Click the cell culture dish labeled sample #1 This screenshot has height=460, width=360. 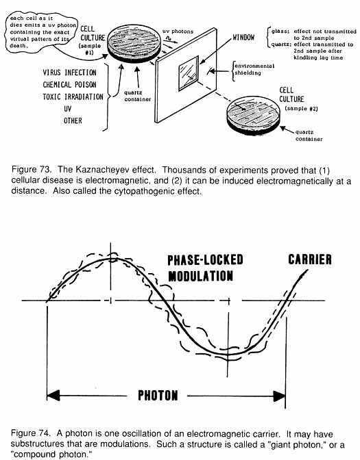tap(134, 43)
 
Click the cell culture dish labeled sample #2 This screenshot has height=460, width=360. tap(253, 116)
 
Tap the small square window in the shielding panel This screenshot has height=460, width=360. tap(189, 74)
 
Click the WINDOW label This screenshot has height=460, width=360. tap(243, 37)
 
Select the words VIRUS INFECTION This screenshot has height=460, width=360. tap(69, 73)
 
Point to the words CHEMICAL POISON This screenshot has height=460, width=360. tap(69, 85)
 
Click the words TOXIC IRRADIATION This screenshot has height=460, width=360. tap(73, 97)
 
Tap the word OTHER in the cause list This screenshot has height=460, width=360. tap(73, 120)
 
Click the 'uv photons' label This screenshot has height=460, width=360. tap(178, 31)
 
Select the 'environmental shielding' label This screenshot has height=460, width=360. tap(254, 69)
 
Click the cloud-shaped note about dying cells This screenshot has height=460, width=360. tap(40, 32)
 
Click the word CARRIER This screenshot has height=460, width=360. tap(310, 259)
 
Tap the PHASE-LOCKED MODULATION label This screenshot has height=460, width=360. tap(205, 268)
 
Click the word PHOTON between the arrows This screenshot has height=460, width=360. tap(158, 396)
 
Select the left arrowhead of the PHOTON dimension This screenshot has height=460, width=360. tap(53, 396)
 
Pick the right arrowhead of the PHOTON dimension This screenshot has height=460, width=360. tap(279, 396)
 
